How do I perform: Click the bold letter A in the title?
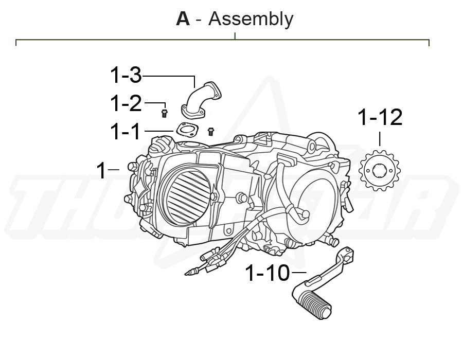(x=183, y=19)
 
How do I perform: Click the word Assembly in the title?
(x=251, y=20)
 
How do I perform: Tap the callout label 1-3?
(x=126, y=76)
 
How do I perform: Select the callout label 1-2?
(x=126, y=104)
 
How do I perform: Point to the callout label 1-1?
(x=125, y=132)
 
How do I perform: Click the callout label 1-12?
(x=380, y=118)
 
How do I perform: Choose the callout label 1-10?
(x=268, y=273)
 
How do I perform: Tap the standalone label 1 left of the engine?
(x=102, y=170)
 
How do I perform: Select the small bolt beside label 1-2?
(x=164, y=113)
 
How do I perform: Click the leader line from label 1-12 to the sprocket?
(x=380, y=139)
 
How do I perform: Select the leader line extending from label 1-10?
(x=298, y=272)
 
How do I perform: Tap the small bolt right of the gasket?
(x=210, y=132)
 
